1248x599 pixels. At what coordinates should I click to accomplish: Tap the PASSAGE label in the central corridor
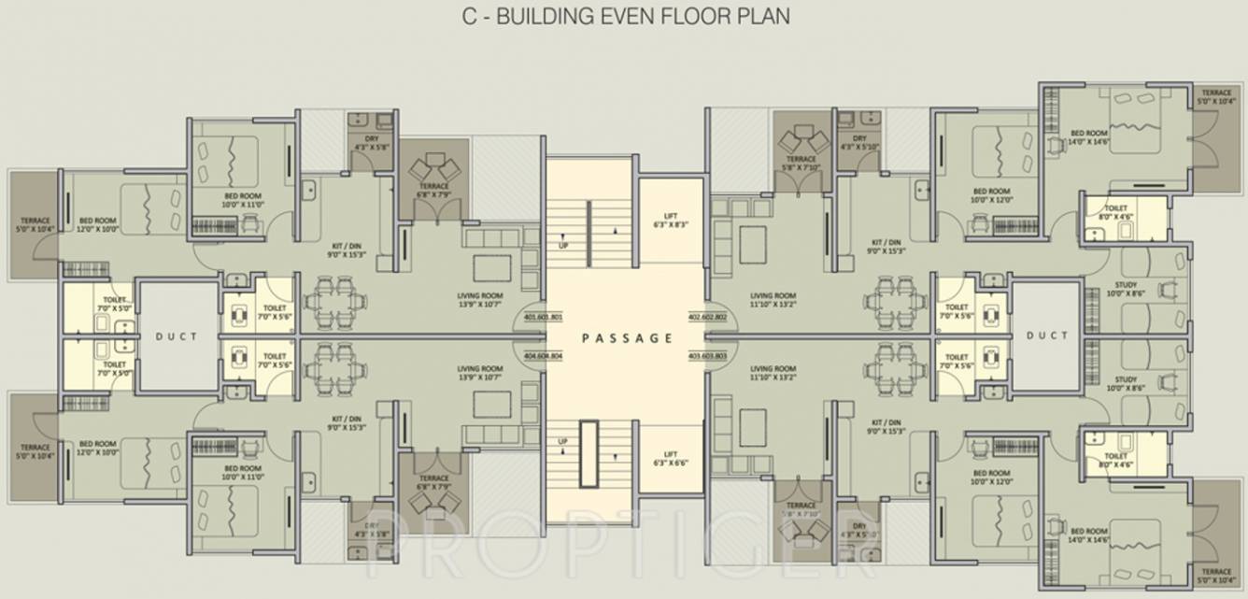click(627, 338)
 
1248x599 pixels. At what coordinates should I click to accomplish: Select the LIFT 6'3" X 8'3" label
click(670, 221)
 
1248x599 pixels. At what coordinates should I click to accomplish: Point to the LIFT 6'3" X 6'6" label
click(670, 457)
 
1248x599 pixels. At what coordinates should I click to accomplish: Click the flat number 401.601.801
click(544, 318)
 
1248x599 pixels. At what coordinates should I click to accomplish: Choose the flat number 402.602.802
click(708, 318)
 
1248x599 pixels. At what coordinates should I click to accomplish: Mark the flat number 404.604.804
click(544, 356)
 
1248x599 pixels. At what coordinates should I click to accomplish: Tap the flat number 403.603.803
click(708, 356)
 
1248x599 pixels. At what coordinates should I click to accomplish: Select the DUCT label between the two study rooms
click(1046, 336)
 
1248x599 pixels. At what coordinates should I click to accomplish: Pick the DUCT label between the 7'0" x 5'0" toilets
click(177, 336)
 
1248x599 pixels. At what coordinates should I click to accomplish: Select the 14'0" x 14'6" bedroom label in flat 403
click(1090, 535)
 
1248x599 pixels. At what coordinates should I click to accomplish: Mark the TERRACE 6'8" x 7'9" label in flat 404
click(434, 482)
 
